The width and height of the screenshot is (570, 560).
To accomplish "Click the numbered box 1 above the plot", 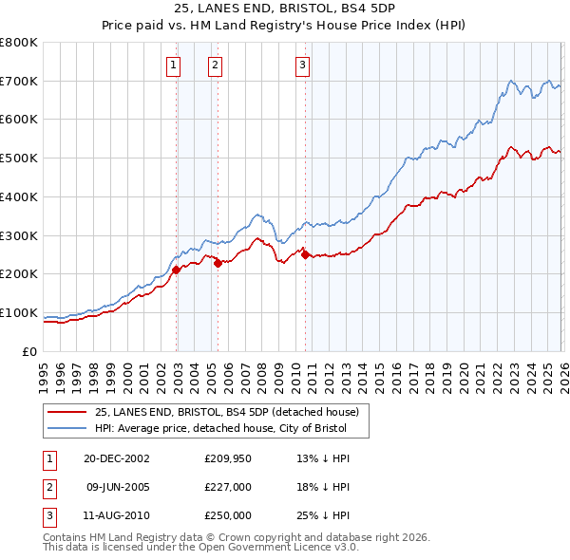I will point(175,65).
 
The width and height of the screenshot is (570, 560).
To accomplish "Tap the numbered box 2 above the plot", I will point(216,65).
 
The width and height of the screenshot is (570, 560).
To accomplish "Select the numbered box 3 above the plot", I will point(302,65).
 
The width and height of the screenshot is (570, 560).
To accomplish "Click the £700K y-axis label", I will point(18,82).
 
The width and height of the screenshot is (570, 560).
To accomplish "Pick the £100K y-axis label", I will point(18,313).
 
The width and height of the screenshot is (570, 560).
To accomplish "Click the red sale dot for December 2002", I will point(177,270).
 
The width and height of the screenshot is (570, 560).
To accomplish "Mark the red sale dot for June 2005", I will point(218,264).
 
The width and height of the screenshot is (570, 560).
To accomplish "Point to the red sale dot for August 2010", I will point(305,254).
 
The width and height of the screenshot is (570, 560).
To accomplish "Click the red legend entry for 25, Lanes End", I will point(226,412).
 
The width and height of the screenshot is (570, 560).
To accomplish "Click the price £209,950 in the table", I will point(227,458).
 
